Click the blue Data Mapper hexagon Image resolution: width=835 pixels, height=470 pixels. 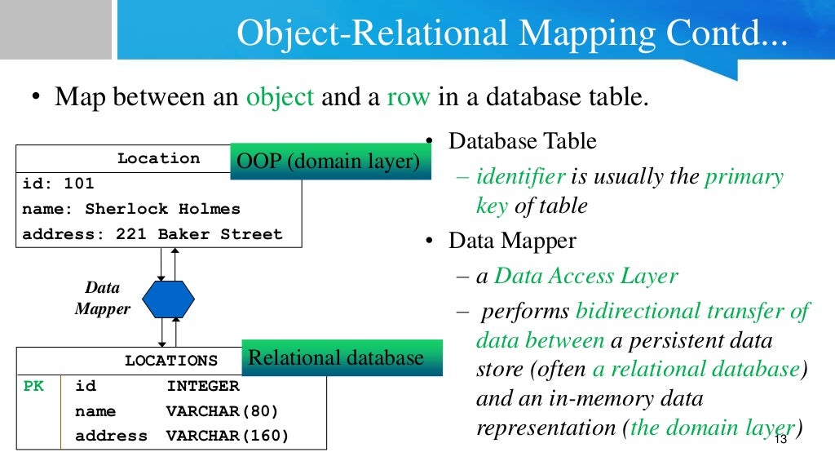coord(169,299)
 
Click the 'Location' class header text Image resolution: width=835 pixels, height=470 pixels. coord(158,158)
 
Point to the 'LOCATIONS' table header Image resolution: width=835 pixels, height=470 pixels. coord(171,361)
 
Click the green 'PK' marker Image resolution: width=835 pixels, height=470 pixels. coord(33,386)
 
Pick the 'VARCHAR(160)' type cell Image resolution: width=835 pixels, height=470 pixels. coord(228,436)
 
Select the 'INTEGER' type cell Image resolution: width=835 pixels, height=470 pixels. coord(203,386)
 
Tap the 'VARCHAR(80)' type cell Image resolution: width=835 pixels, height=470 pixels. coord(223,411)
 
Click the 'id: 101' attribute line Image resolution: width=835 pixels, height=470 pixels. coord(58,184)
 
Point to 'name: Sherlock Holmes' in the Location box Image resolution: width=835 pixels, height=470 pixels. coord(131,209)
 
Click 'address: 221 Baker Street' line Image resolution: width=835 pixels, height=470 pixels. coord(152,234)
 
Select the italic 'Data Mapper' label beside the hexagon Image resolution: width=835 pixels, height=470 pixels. coord(103,298)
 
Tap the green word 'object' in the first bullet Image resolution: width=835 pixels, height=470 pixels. coord(280,98)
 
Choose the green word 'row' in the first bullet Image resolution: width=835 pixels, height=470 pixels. coord(409,98)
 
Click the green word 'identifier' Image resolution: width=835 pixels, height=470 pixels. coord(520,176)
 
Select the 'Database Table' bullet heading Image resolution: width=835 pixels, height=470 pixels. coord(523,140)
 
